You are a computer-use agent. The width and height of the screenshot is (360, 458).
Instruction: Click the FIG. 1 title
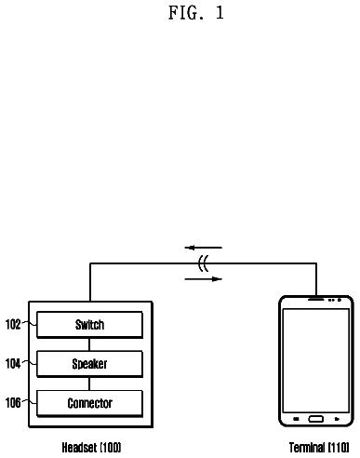click(x=196, y=13)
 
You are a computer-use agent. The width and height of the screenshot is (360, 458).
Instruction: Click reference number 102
click(x=13, y=324)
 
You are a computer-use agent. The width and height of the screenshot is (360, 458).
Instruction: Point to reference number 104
click(x=13, y=363)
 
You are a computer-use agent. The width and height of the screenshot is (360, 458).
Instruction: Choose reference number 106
click(x=13, y=403)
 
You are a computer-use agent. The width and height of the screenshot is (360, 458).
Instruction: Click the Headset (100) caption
click(x=91, y=448)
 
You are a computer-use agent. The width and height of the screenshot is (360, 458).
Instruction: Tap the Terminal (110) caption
click(x=319, y=448)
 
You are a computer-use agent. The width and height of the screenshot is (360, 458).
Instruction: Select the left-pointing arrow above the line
click(x=204, y=248)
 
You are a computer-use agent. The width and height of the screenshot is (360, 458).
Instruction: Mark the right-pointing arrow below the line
click(x=204, y=279)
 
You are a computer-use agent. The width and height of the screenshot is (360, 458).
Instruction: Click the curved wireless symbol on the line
click(x=203, y=263)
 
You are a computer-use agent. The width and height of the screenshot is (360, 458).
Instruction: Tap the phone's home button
click(x=316, y=419)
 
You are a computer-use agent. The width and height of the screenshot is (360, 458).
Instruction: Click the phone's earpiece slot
click(x=315, y=300)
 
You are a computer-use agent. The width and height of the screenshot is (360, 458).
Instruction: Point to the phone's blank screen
click(x=316, y=360)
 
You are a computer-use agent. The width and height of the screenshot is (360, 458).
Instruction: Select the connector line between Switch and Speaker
click(x=89, y=344)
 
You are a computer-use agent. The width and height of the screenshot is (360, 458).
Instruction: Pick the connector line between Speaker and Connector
click(x=89, y=384)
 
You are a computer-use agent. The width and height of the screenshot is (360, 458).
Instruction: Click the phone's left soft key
click(x=296, y=419)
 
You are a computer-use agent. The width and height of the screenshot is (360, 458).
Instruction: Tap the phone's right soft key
click(x=337, y=419)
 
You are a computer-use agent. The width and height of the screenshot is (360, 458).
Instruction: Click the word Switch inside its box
click(x=89, y=325)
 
